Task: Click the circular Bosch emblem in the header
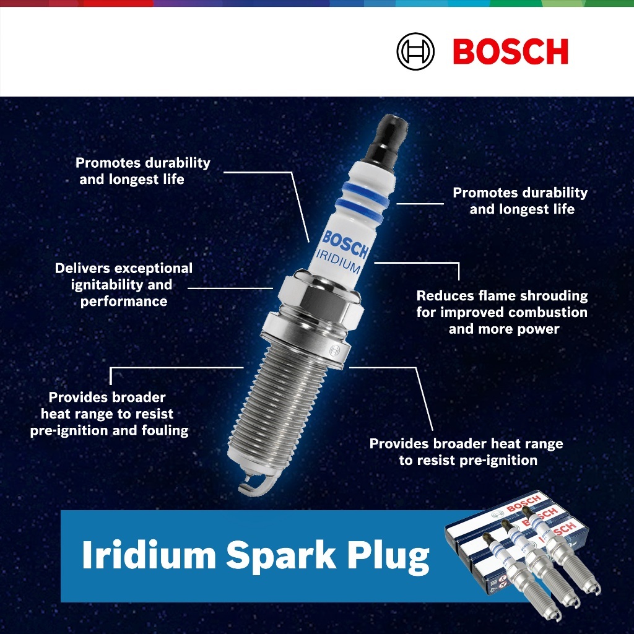click(x=415, y=51)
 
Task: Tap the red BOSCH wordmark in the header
click(x=511, y=51)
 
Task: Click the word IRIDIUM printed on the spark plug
click(x=338, y=261)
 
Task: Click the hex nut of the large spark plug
click(x=319, y=297)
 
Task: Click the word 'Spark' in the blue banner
click(x=280, y=555)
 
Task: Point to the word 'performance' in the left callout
click(x=124, y=302)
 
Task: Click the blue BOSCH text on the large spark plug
click(x=345, y=244)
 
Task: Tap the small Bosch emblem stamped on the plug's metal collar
click(x=334, y=350)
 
